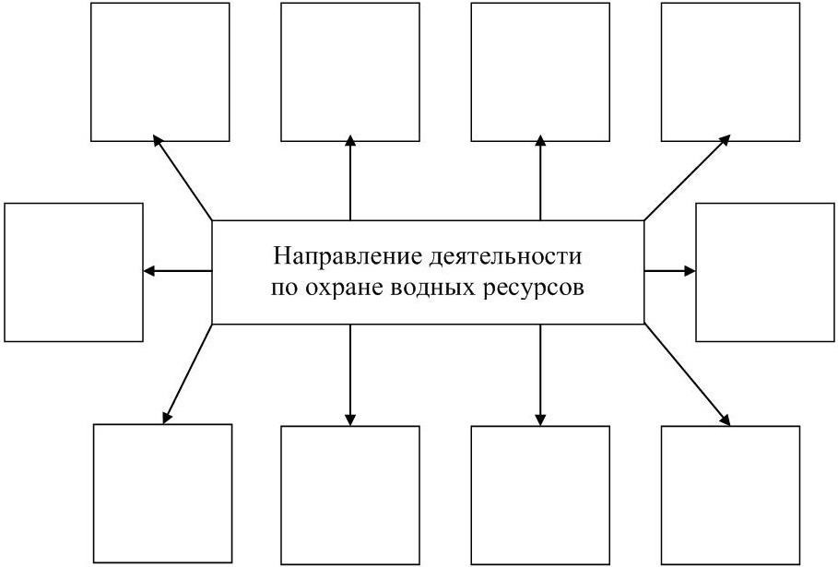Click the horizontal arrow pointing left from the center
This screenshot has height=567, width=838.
click(178, 271)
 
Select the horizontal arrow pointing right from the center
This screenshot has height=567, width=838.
click(670, 271)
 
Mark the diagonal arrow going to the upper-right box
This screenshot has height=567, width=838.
click(686, 179)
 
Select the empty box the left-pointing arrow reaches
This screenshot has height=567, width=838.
click(74, 272)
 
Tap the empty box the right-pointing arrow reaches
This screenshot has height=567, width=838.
click(764, 272)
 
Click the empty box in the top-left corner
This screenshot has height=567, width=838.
click(159, 72)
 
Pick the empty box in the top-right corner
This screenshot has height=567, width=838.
click(730, 72)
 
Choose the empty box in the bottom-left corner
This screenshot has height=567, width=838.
click(163, 493)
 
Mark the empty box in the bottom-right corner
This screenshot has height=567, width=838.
click(730, 494)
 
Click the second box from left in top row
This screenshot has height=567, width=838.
click(350, 72)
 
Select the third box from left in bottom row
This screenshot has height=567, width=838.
click(540, 494)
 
